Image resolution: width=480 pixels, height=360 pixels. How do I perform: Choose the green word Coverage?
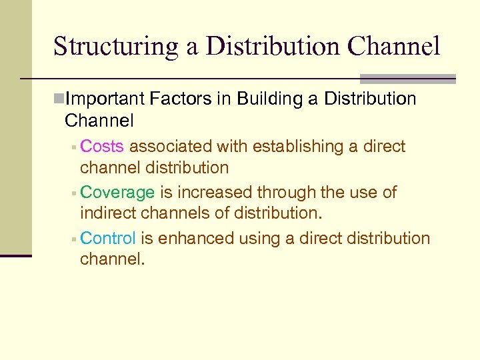pyautogui.click(x=117, y=193)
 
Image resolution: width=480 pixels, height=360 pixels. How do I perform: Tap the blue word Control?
pyautogui.click(x=108, y=238)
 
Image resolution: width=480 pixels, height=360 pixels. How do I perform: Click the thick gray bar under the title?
pyautogui.click(x=407, y=79)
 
